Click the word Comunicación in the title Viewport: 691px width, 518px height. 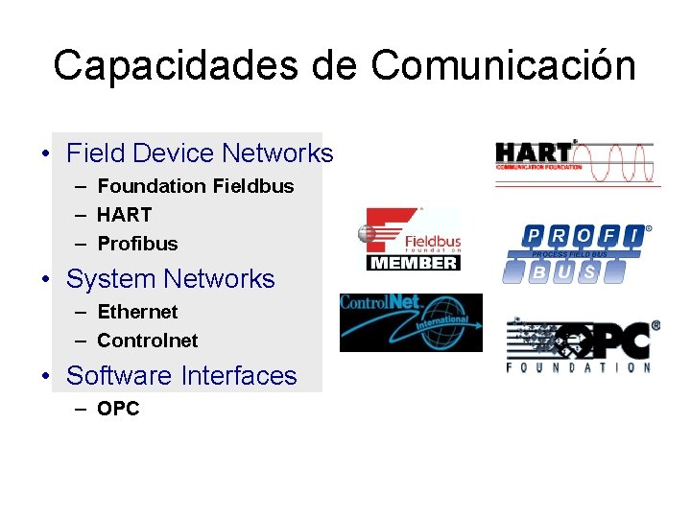pyautogui.click(x=503, y=65)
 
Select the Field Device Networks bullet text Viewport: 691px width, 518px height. pyautogui.click(x=200, y=153)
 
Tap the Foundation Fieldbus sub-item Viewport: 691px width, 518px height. pyautogui.click(x=196, y=186)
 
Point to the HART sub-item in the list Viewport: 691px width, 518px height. pyautogui.click(x=125, y=215)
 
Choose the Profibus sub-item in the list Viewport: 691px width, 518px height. pyautogui.click(x=138, y=244)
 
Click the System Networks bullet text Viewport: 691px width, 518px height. pyautogui.click(x=171, y=279)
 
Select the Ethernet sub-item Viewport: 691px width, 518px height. pyautogui.click(x=138, y=312)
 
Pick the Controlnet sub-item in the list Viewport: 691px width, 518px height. pyautogui.click(x=148, y=341)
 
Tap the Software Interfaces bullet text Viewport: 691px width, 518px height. pyautogui.click(x=182, y=376)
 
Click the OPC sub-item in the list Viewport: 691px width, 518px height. pyautogui.click(x=119, y=409)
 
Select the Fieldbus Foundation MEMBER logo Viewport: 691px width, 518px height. pyautogui.click(x=409, y=238)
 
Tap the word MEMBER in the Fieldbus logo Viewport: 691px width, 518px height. pyautogui.click(x=414, y=262)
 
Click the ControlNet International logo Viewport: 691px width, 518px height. pyautogui.click(x=411, y=322)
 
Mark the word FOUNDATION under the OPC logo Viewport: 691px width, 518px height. pyautogui.click(x=579, y=367)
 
